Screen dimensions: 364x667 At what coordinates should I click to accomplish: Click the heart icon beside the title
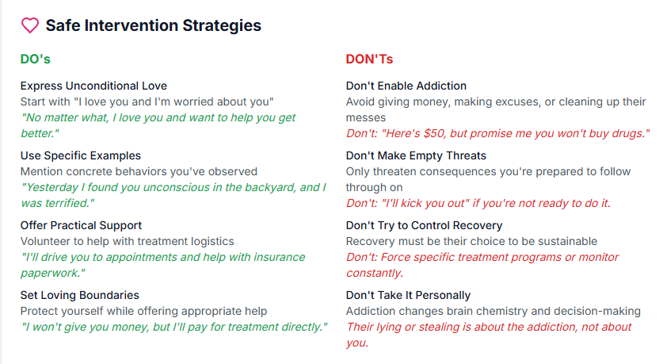pos(29,25)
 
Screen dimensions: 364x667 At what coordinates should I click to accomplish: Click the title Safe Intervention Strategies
pos(153,25)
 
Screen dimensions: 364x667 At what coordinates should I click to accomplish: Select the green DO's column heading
pos(36,59)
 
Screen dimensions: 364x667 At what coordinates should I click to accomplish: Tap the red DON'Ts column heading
pos(369,59)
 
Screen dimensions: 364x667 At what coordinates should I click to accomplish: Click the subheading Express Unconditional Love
pos(93,86)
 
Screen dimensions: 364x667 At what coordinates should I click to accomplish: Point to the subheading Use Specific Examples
pos(81,155)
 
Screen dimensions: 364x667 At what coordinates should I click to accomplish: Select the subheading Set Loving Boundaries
pos(80,295)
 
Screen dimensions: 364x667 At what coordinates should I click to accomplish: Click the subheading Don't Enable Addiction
pos(406,86)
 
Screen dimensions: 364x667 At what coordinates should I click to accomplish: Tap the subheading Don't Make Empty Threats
pos(416,155)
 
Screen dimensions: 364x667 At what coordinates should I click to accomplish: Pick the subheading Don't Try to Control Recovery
pos(424,225)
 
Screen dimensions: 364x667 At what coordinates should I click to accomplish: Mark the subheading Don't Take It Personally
pos(408,295)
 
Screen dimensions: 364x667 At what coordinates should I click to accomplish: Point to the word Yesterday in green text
pos(53,187)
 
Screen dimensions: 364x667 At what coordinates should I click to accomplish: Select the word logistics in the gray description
pos(211,241)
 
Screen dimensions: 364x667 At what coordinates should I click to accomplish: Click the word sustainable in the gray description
pos(564,241)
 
